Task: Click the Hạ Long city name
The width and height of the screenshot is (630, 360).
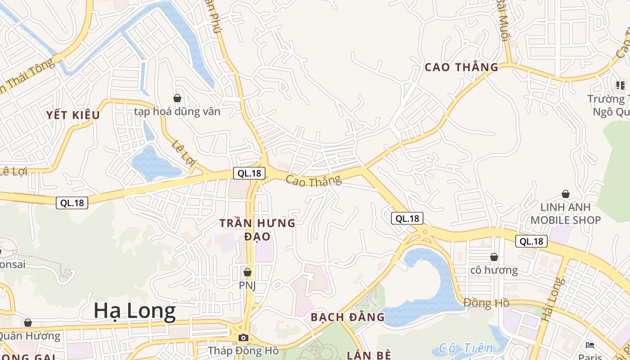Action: click(x=135, y=311)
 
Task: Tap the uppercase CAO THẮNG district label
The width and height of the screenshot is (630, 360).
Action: click(x=461, y=67)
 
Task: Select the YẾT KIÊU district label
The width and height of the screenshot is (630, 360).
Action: click(x=72, y=115)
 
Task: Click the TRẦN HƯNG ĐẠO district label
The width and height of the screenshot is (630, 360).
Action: click(x=257, y=229)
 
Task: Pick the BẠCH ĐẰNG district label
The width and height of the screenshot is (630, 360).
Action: click(x=348, y=317)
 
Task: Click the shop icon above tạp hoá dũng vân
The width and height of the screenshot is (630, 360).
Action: click(x=177, y=98)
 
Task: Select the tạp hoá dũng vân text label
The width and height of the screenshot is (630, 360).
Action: click(x=177, y=111)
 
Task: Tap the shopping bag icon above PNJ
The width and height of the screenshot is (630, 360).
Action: click(x=247, y=272)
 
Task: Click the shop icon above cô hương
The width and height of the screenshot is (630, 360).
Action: click(x=494, y=257)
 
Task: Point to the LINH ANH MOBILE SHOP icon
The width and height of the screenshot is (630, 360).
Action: click(x=566, y=194)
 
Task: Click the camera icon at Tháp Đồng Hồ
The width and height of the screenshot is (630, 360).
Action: click(x=243, y=337)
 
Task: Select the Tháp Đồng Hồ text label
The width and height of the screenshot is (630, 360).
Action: click(x=243, y=350)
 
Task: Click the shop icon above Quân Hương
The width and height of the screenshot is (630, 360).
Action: click(x=28, y=323)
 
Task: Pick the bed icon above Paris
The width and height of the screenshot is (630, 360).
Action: click(x=590, y=345)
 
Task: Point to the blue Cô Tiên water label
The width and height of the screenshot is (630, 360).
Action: click(x=466, y=348)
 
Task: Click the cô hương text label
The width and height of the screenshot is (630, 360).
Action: click(x=494, y=270)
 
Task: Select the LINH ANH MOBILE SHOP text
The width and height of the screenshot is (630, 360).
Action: click(x=566, y=214)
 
